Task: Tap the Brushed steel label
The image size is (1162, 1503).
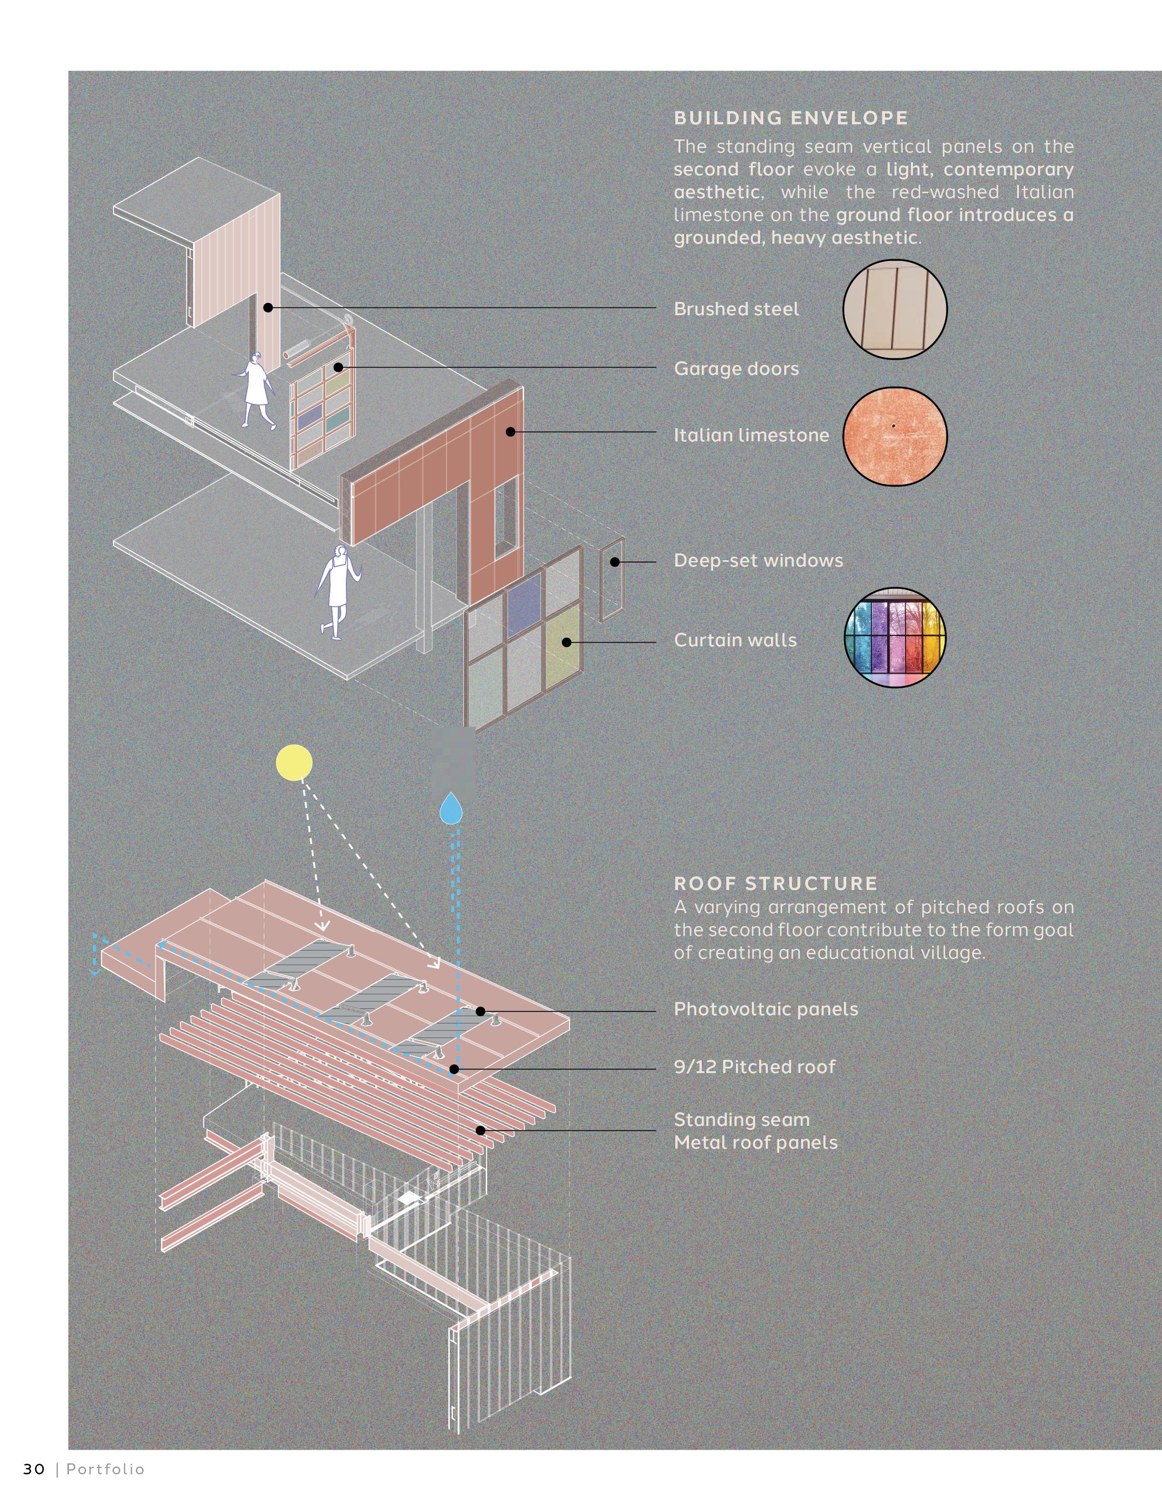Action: coord(736,309)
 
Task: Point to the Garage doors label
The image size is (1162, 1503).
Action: coord(736,369)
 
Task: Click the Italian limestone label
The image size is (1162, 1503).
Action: coord(751,435)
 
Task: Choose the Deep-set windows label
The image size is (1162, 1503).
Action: coord(758,560)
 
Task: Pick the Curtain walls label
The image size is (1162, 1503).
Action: coord(735,640)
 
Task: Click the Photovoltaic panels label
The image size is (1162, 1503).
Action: coord(766,1009)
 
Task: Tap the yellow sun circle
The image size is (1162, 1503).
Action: coord(294,762)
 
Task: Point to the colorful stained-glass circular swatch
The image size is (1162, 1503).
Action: coord(895,638)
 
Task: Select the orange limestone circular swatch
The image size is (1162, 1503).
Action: coord(895,435)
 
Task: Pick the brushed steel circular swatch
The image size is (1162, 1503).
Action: coord(895,310)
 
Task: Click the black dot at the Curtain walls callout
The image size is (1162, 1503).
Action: coord(566,642)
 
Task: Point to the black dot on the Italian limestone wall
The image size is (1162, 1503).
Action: coord(510,431)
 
